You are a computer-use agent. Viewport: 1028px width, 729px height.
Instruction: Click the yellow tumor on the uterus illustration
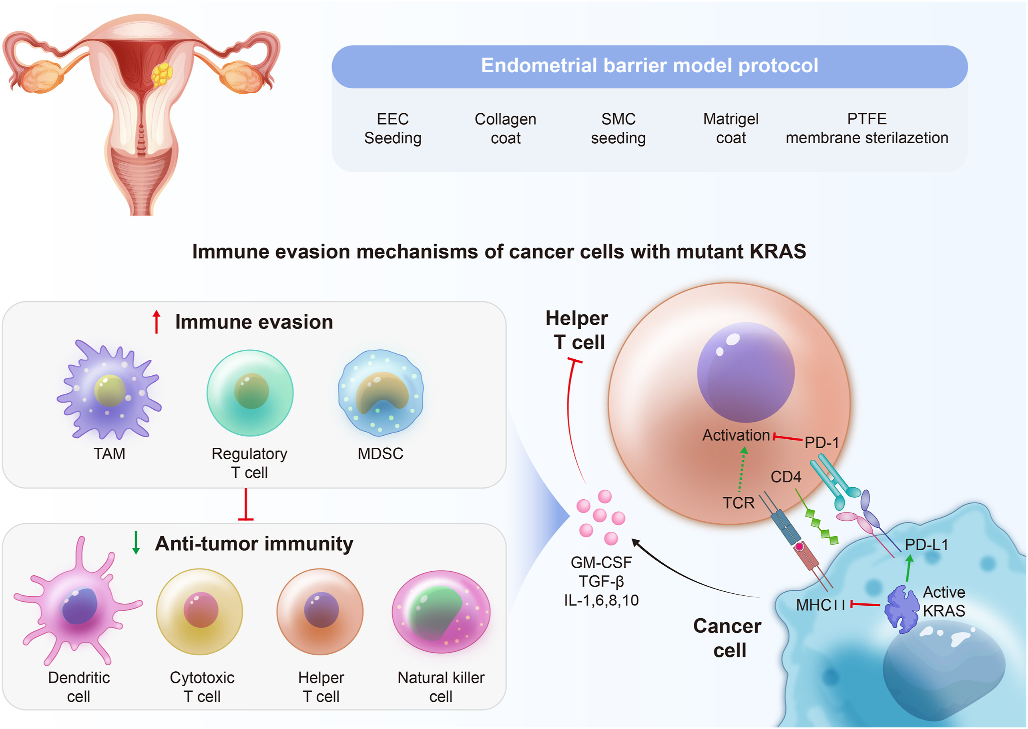pyautogui.click(x=162, y=74)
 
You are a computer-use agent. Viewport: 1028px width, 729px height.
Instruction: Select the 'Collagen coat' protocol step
pyautogui.click(x=505, y=128)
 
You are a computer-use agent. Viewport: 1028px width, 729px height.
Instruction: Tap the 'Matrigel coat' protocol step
pyautogui.click(x=731, y=128)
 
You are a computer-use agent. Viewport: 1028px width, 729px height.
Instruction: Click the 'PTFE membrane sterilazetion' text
pyautogui.click(x=866, y=128)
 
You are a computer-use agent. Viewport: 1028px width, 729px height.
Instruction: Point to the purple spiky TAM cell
pyautogui.click(x=109, y=390)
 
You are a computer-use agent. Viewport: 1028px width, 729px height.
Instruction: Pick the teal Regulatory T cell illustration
pyautogui.click(x=250, y=393)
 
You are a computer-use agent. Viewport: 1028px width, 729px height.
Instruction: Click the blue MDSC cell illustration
pyautogui.click(x=381, y=393)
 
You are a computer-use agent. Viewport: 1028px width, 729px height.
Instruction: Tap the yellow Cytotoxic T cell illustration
pyautogui.click(x=200, y=611)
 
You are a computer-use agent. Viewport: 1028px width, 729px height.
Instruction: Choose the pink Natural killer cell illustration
pyautogui.click(x=441, y=611)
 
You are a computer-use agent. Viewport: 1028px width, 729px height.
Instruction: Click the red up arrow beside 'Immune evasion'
pyautogui.click(x=156, y=321)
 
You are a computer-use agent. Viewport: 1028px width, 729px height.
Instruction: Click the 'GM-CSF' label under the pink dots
pyautogui.click(x=601, y=563)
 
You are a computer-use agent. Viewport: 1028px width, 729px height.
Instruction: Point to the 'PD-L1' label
pyautogui.click(x=926, y=545)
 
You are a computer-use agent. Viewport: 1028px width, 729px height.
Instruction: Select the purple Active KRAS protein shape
pyautogui.click(x=902, y=609)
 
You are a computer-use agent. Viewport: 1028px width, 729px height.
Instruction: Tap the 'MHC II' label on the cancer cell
pyautogui.click(x=820, y=605)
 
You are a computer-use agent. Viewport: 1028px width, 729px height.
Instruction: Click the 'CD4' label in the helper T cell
pyautogui.click(x=785, y=477)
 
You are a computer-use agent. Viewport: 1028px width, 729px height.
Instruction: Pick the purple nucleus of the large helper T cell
pyautogui.click(x=745, y=373)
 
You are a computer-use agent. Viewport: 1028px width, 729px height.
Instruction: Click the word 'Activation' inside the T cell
pyautogui.click(x=736, y=435)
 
